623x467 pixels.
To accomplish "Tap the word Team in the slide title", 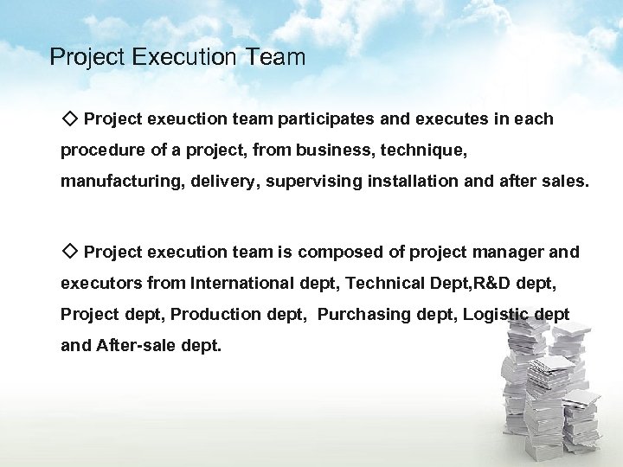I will (274, 58).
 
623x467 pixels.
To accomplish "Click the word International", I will (242, 284).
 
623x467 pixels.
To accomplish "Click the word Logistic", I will (497, 315).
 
